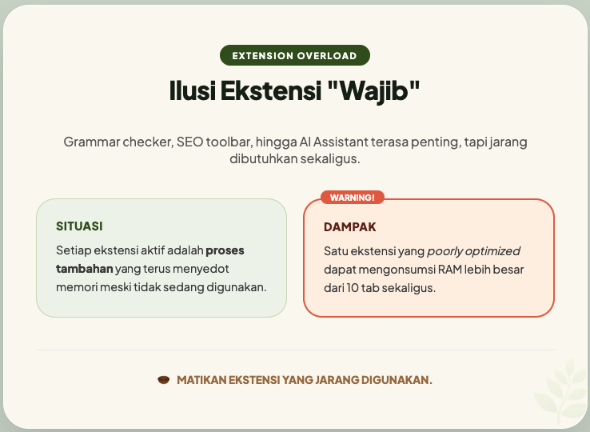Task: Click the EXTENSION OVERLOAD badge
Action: coord(294,55)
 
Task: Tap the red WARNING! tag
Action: coord(353,197)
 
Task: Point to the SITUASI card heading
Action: coord(79,226)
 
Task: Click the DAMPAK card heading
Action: coord(349,227)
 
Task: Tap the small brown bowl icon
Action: coord(164,379)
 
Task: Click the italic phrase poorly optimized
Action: coord(473,250)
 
